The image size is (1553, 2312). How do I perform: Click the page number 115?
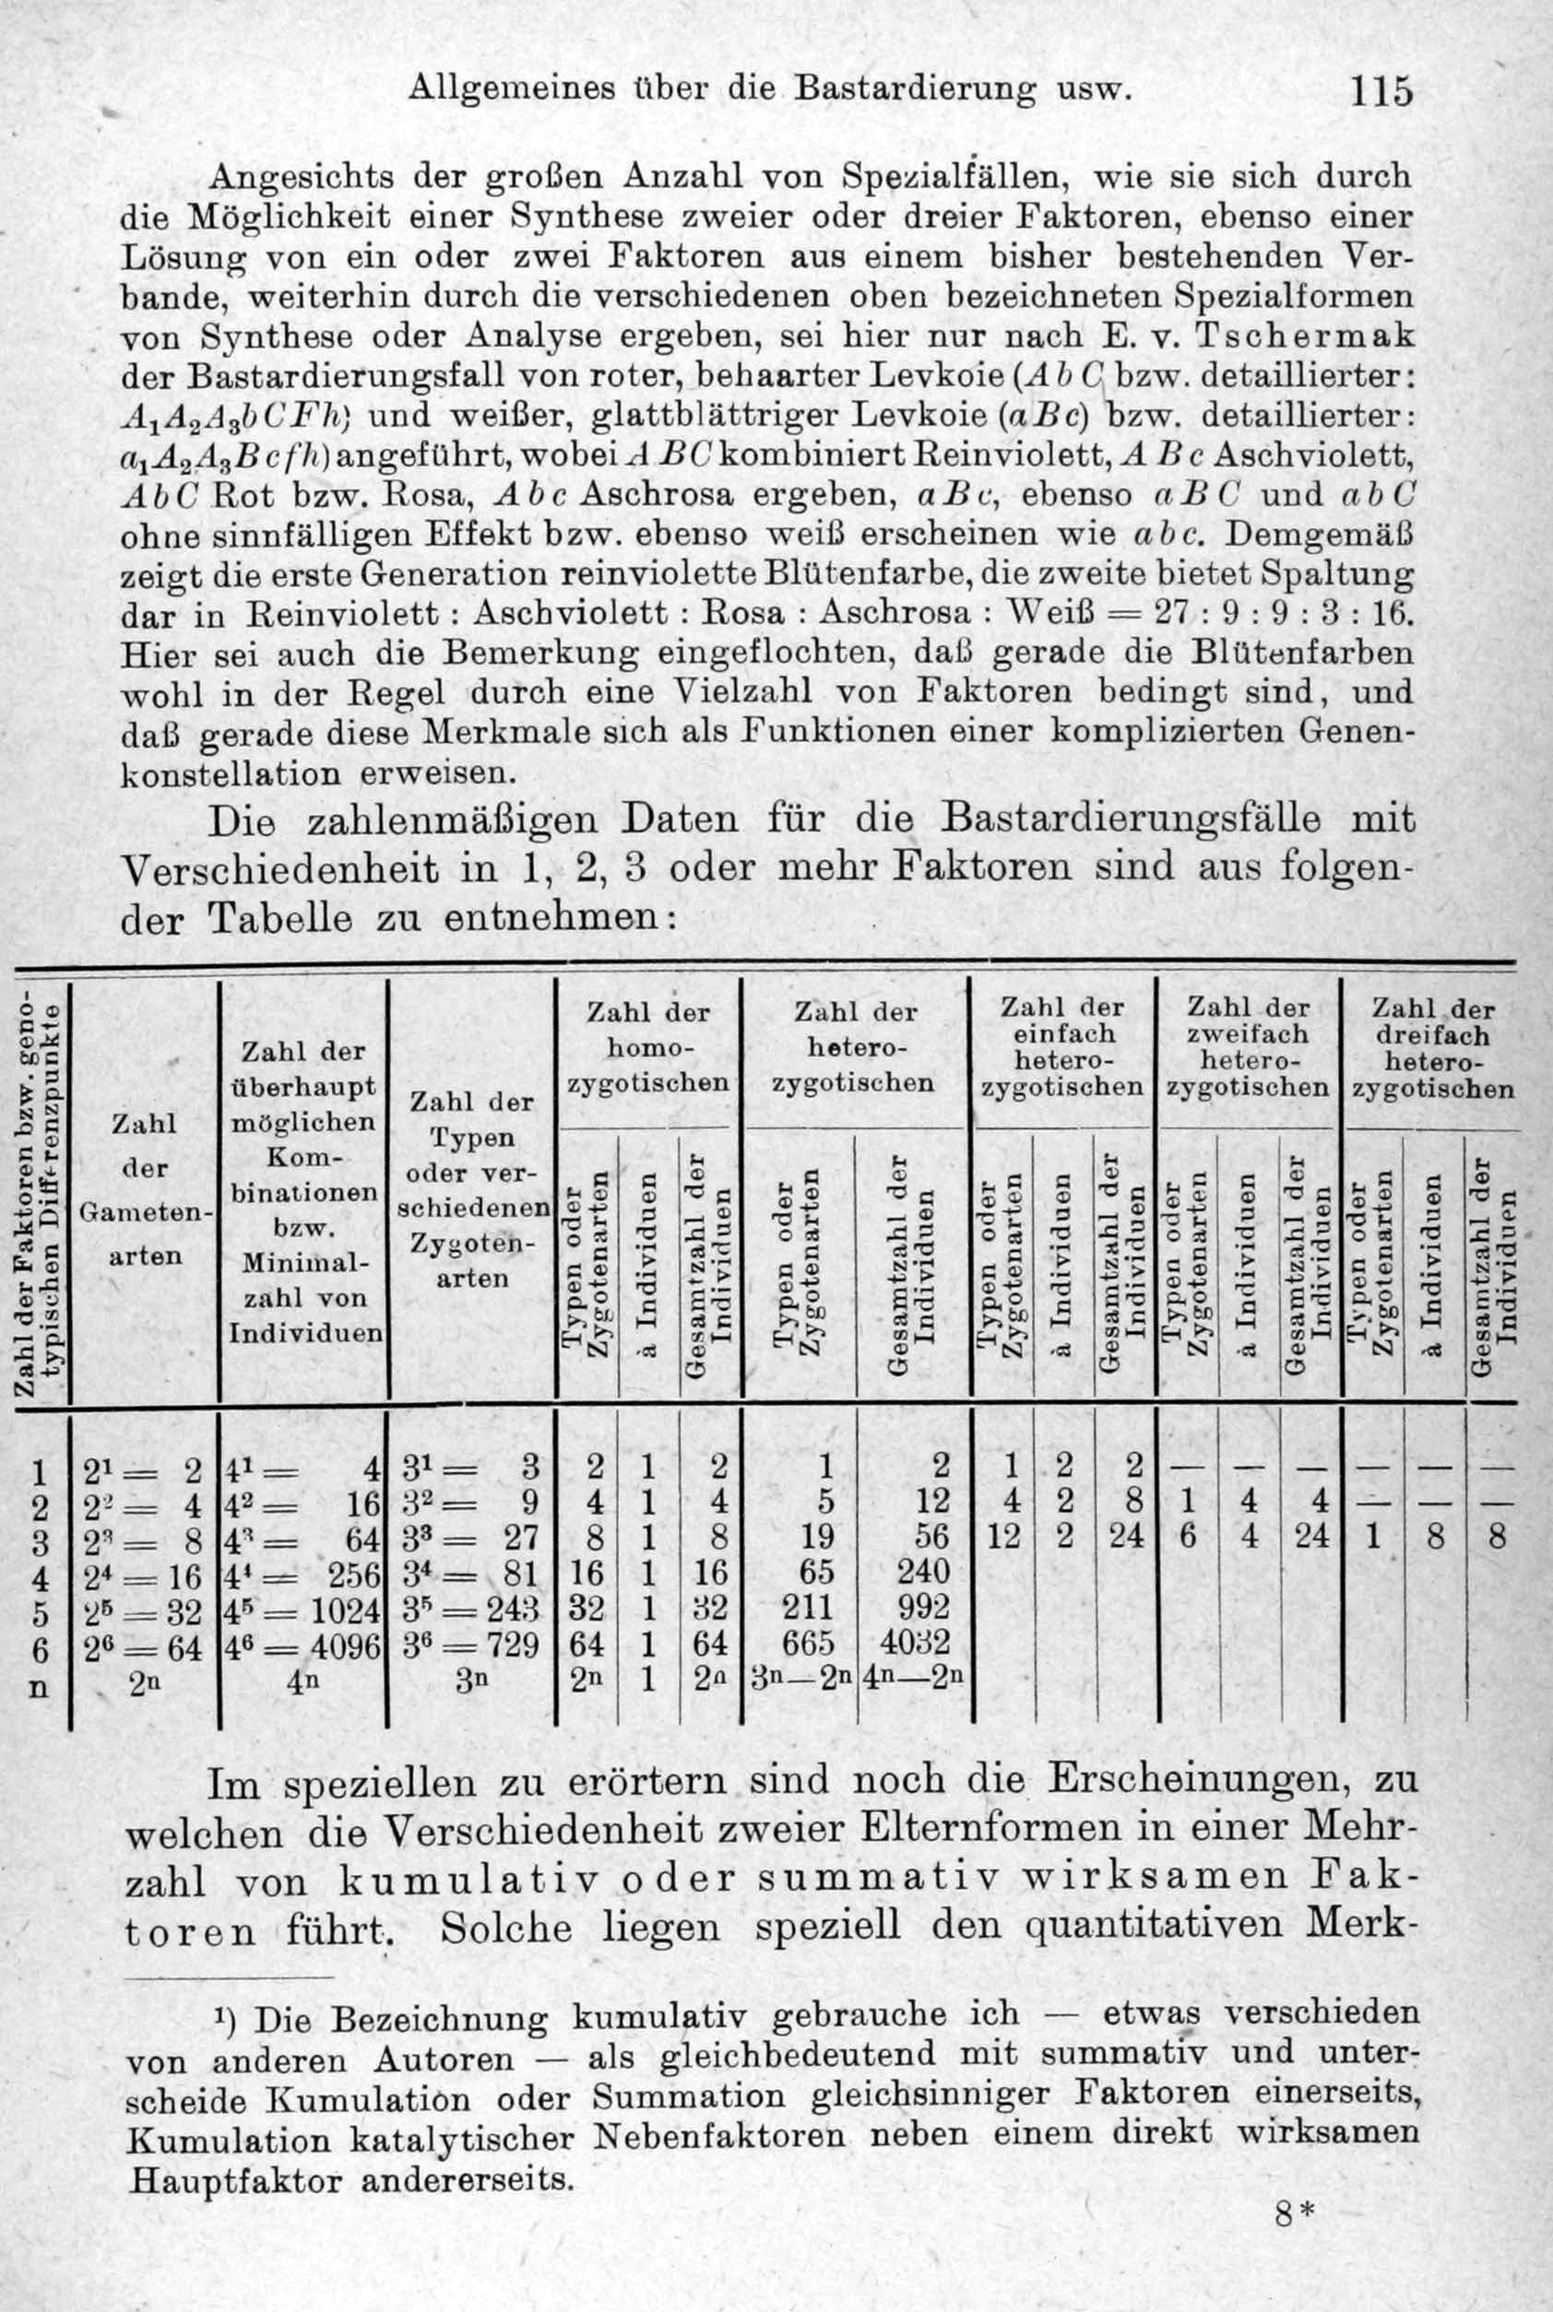coord(1379,92)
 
